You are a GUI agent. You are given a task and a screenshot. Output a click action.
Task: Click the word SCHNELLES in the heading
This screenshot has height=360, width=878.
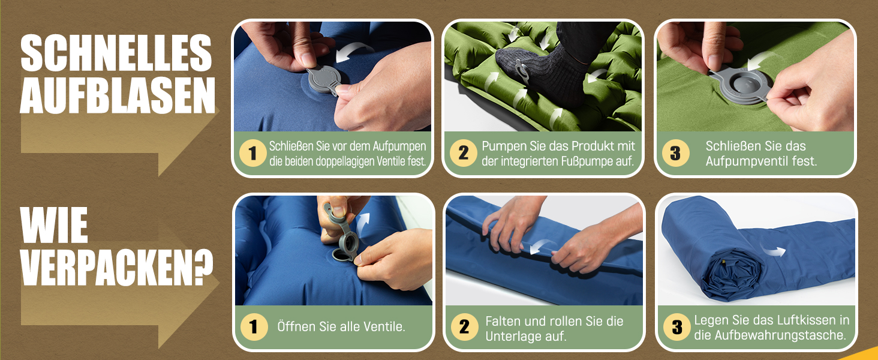pos(116,53)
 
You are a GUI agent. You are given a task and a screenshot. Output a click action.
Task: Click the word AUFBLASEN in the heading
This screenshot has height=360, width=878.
pos(118,95)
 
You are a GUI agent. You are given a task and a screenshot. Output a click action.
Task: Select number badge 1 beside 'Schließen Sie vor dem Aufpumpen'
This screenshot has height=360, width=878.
pos(253,153)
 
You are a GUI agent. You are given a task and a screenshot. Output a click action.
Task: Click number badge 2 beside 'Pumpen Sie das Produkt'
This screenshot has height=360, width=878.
pos(464,153)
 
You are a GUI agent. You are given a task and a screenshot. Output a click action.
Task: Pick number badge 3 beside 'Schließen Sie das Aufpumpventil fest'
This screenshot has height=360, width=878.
pos(675,153)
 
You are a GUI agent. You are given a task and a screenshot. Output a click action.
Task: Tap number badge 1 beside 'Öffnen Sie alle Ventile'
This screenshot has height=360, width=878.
pos(254,326)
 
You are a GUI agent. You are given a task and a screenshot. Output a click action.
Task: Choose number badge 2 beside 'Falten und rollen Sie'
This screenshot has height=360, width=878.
pos(464,326)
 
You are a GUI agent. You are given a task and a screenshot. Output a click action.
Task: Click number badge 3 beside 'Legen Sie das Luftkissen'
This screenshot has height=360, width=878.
pos(677,326)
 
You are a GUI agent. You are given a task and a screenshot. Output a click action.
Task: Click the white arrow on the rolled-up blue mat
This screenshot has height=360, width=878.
pos(773,250)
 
